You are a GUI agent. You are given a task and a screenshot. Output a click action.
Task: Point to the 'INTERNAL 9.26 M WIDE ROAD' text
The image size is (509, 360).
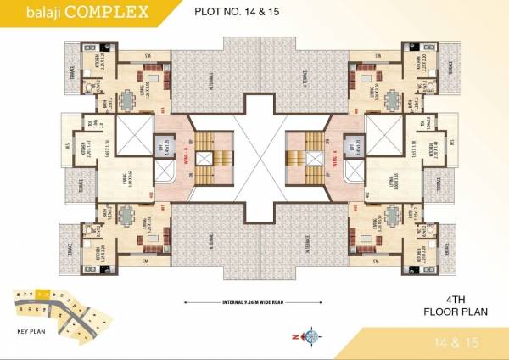click(x=255, y=300)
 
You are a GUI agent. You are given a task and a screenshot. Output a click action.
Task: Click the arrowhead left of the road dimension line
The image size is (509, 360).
click(x=187, y=300)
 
